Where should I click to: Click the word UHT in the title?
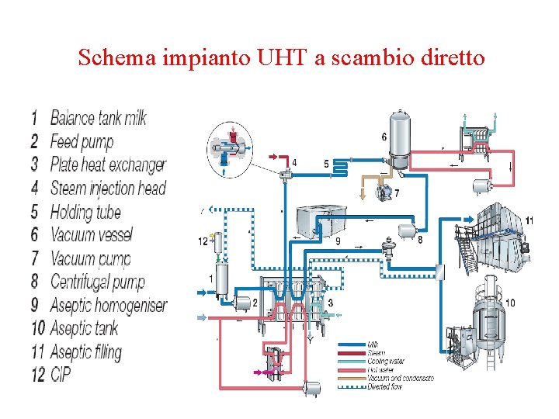click(278, 57)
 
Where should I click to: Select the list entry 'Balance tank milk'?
click(98, 118)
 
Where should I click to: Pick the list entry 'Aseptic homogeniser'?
click(108, 305)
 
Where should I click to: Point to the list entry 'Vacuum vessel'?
click(91, 234)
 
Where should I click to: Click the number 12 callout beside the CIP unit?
click(203, 241)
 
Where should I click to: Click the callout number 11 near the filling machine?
click(529, 221)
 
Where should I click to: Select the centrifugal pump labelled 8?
click(404, 230)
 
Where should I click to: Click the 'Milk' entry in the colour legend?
click(373, 344)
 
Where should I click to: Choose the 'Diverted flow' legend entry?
click(384, 386)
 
